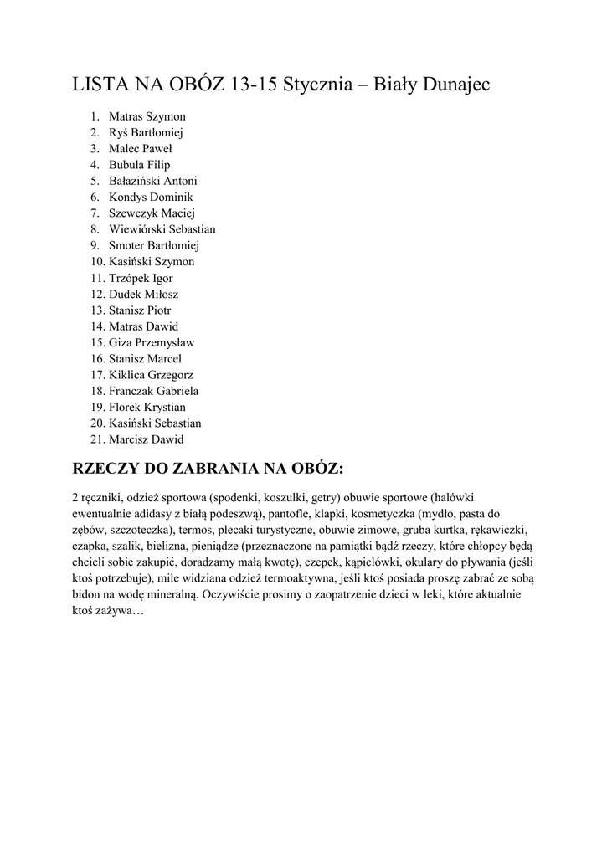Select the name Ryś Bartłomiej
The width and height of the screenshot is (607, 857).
click(x=147, y=132)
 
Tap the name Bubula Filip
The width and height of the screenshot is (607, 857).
click(x=139, y=165)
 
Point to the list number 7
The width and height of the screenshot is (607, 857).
click(x=95, y=213)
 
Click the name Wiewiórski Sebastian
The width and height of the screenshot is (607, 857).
click(x=162, y=229)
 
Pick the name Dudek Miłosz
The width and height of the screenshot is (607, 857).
click(x=143, y=294)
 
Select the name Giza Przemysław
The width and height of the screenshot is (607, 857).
click(x=152, y=342)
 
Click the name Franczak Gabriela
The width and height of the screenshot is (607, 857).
click(x=153, y=391)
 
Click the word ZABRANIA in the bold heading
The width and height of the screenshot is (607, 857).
click(x=219, y=465)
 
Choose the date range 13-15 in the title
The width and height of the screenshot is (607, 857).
click(x=251, y=85)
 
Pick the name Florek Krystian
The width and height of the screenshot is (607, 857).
click(x=147, y=407)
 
